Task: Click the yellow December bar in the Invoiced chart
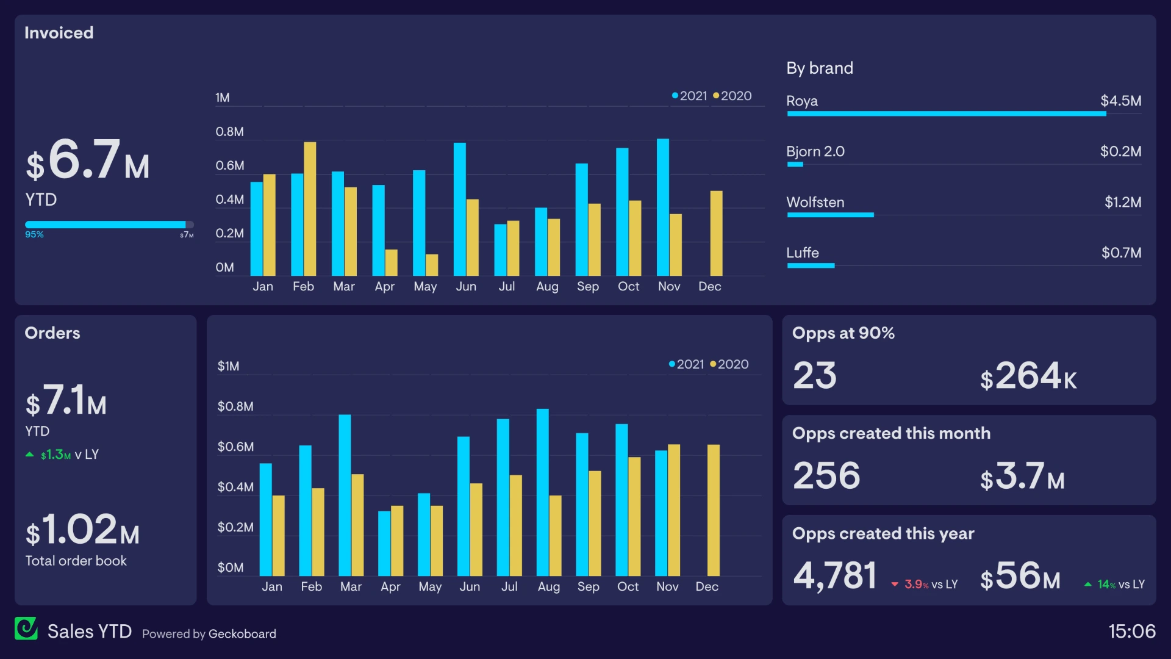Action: tap(716, 233)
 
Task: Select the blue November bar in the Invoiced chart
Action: tap(662, 207)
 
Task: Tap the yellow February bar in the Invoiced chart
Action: tap(310, 209)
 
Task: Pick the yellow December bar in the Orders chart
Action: tap(713, 510)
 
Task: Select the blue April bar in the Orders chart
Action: tap(384, 543)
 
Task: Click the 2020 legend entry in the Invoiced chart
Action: tap(732, 96)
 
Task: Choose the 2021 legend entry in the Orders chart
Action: tap(687, 364)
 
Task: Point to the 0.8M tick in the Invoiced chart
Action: tap(229, 132)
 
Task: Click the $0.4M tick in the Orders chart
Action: tap(235, 487)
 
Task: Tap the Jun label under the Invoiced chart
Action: tap(466, 286)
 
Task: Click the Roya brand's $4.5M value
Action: tap(1120, 101)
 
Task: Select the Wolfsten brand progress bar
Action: tap(830, 215)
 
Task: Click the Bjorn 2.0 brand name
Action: tap(815, 151)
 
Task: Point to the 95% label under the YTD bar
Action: tap(34, 234)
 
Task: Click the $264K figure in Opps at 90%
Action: tap(1028, 376)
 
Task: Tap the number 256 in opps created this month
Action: tap(826, 476)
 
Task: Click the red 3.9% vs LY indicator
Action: tap(925, 585)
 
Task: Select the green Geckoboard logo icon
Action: tap(26, 628)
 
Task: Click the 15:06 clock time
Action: tap(1131, 631)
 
